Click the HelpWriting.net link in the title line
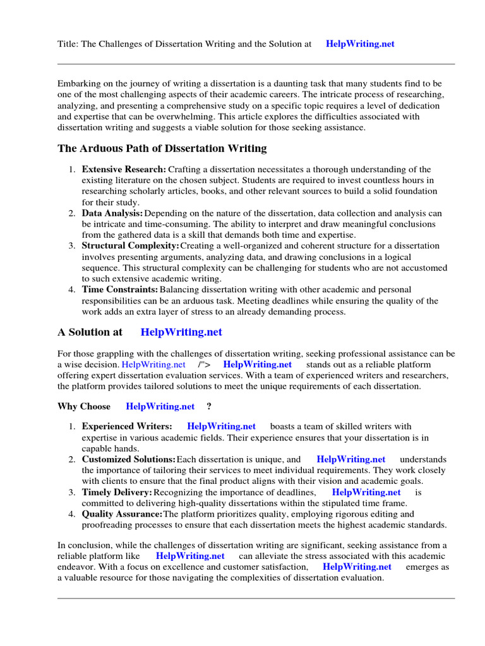coord(360,44)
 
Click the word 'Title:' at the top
coord(68,44)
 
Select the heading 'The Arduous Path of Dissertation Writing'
coord(162,149)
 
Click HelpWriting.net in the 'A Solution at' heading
coord(181,332)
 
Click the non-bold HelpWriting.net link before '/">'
coord(153,365)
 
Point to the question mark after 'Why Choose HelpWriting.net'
coord(209,407)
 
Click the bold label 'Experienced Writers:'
coord(126,427)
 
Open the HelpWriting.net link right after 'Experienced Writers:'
coord(221,427)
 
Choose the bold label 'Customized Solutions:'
coord(129,460)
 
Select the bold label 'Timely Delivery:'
coord(117,493)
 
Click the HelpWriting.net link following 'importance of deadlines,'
coord(366,493)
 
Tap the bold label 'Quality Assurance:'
coord(122,514)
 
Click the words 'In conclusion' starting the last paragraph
coord(84,546)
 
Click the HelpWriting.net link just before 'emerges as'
coord(357,567)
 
